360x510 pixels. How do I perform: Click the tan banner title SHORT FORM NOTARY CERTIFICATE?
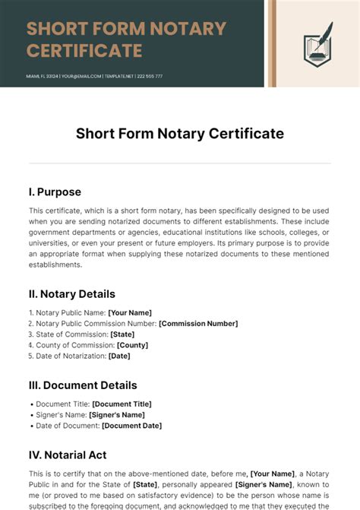pos(126,40)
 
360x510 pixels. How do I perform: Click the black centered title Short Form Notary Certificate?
pos(180,134)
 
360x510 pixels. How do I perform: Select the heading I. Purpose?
pos(55,192)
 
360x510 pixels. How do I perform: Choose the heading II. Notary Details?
pos(72,293)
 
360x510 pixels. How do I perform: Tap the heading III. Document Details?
pos(83,385)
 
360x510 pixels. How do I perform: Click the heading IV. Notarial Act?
pos(68,455)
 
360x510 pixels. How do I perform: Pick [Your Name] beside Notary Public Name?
pos(130,312)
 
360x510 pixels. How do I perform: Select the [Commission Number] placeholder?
pos(198,323)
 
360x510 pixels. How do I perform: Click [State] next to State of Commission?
pos(122,334)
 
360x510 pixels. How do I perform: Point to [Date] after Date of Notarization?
pos(119,356)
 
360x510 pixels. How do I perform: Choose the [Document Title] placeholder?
pos(122,404)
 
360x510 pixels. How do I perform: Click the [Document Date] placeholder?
pos(131,426)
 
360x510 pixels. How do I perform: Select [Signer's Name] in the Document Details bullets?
pos(117,415)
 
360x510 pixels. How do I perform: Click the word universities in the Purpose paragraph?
pos(49,242)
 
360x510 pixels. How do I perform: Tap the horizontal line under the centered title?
pos(180,163)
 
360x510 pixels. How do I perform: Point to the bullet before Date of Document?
pos(31,426)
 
